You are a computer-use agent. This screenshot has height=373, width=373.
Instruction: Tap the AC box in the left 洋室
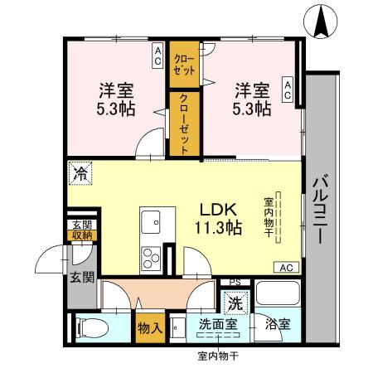(157, 56)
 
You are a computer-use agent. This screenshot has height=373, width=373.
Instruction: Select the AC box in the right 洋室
(288, 90)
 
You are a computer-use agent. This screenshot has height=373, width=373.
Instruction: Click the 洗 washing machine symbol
(235, 302)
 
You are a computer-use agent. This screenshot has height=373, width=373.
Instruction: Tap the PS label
(235, 282)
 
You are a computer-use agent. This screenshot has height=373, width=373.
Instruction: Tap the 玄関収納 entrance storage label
(80, 230)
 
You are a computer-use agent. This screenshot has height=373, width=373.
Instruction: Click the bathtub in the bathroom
(278, 297)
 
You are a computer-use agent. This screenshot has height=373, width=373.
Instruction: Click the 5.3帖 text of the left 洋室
(118, 108)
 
